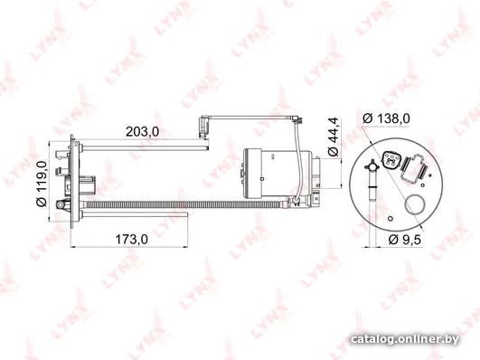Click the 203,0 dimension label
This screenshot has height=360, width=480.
(x=142, y=131)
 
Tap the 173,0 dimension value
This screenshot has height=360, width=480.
(x=131, y=239)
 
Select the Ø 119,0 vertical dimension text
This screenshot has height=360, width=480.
(x=42, y=184)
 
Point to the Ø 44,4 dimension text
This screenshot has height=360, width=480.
(x=333, y=137)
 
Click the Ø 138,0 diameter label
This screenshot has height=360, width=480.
(x=386, y=118)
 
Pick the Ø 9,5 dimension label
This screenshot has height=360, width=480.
(x=404, y=240)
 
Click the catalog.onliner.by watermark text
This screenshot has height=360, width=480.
(x=405, y=339)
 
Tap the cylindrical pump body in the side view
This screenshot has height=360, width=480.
(x=277, y=173)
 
